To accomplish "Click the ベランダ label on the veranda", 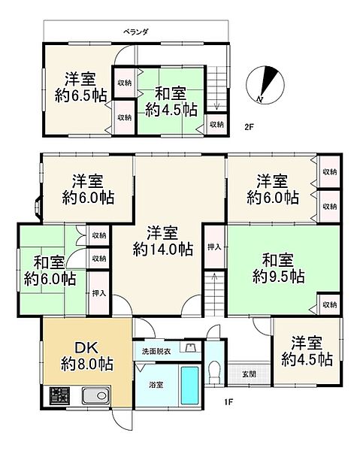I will tap(135, 32).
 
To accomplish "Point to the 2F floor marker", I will tap(249, 127).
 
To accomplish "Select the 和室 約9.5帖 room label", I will tap(277, 268).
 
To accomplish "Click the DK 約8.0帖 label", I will tap(83, 354).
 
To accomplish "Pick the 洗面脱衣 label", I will tap(156, 351).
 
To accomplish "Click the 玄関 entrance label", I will tap(247, 374).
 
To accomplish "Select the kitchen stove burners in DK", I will tap(58, 395).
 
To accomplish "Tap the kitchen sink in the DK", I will tap(95, 395).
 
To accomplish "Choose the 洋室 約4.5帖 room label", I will tap(305, 350).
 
